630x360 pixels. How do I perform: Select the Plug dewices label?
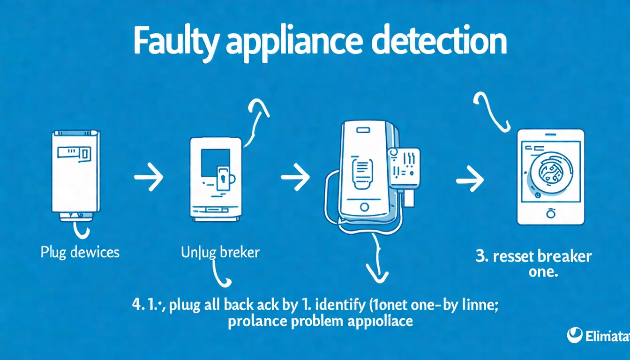coord(80,253)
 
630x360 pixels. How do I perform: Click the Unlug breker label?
coord(220,253)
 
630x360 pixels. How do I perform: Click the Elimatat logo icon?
coord(575,335)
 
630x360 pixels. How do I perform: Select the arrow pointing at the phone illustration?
coord(295,177)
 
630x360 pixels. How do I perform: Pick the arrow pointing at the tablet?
coord(470,180)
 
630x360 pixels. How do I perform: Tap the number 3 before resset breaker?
coord(481,257)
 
